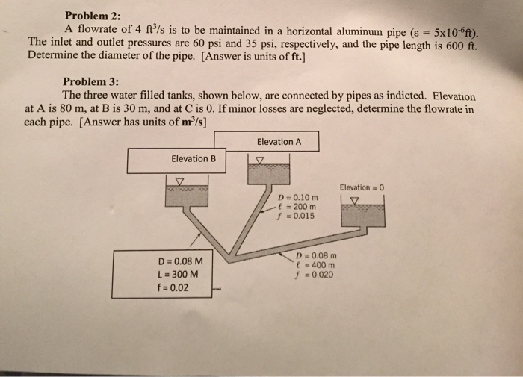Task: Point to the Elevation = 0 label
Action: [x=361, y=187]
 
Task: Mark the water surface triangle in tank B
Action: [x=179, y=181]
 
